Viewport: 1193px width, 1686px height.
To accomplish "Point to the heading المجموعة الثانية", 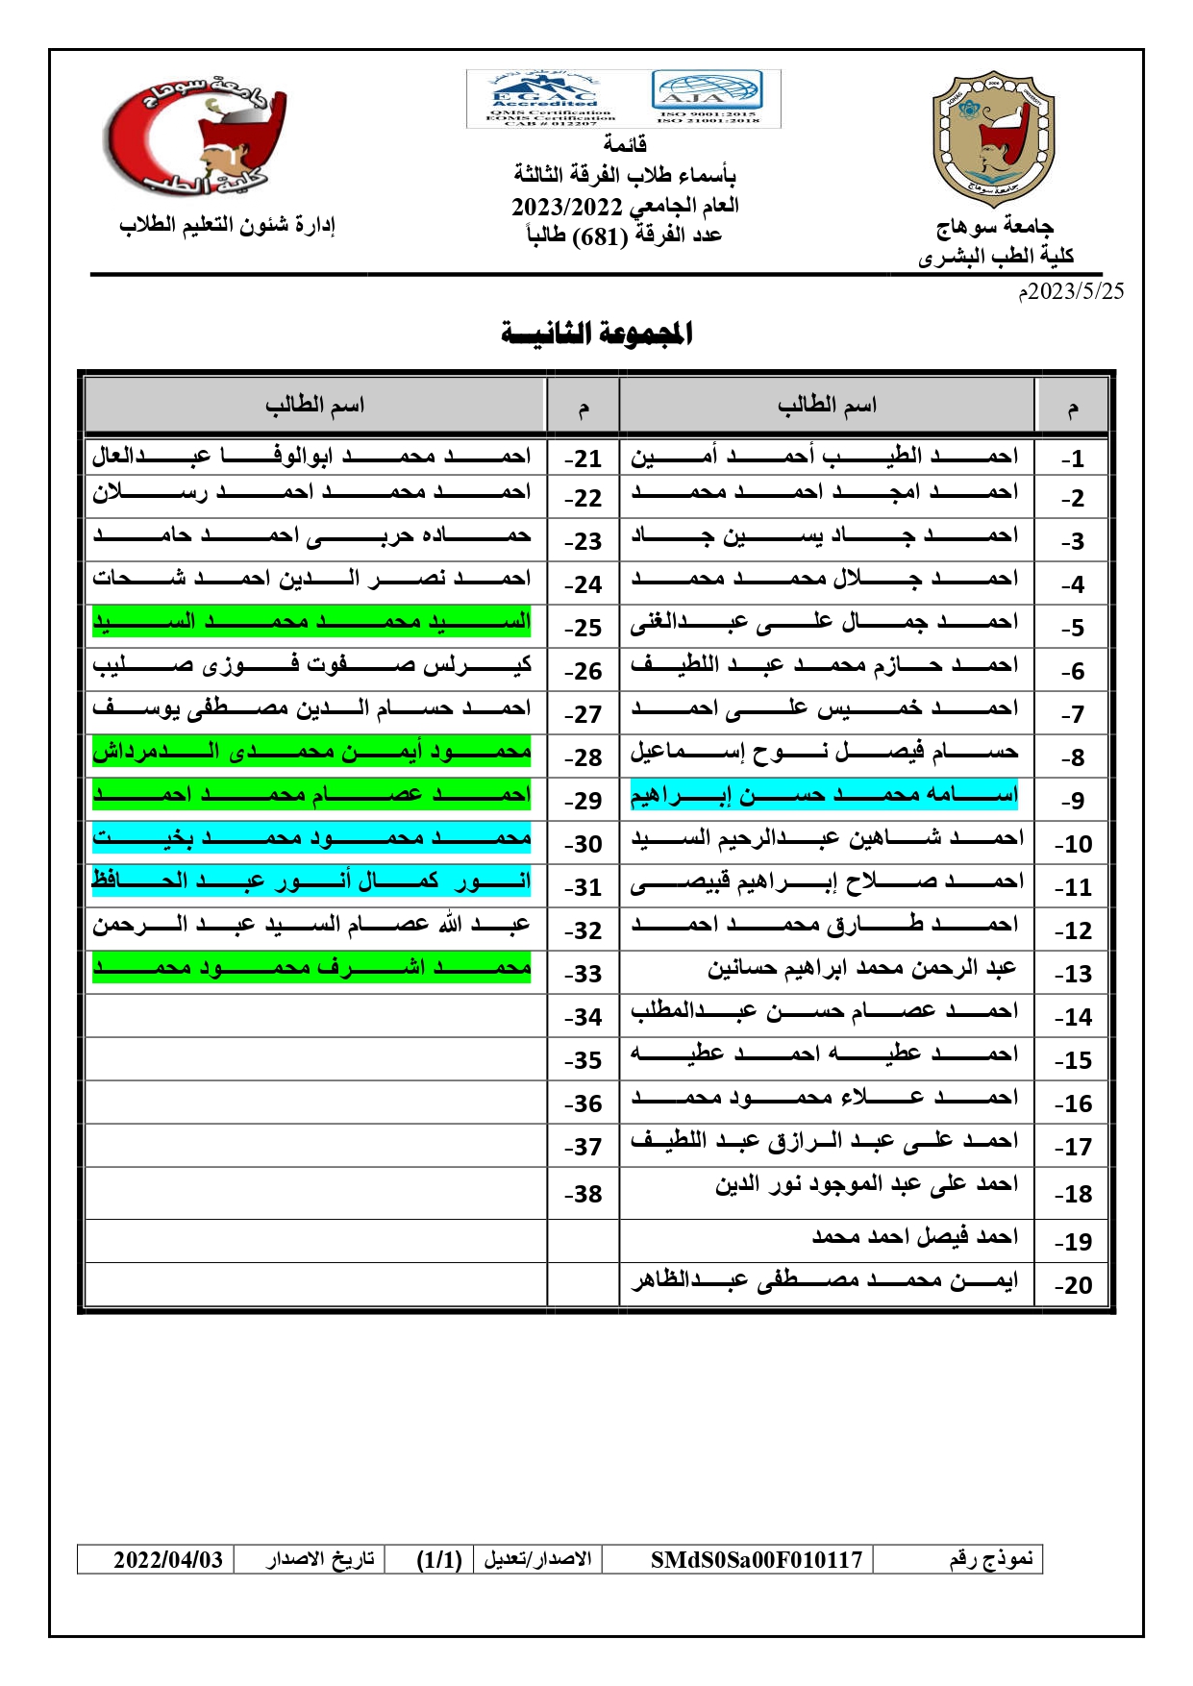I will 596,334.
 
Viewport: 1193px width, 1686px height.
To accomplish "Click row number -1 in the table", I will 1072,459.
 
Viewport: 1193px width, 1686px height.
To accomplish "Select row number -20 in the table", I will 1072,1285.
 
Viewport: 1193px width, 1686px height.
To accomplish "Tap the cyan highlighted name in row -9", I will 824,796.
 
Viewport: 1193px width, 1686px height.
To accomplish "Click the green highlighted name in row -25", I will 311,622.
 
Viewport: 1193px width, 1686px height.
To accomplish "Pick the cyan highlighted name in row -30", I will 311,838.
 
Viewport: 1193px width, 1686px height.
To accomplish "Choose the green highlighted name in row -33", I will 311,968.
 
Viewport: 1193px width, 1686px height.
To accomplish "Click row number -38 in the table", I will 583,1194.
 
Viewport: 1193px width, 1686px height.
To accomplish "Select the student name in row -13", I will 861,969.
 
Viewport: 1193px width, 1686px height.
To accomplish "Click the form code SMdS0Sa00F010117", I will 757,1559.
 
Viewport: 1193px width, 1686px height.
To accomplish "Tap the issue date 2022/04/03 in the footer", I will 168,1559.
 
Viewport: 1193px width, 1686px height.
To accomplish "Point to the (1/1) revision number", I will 439,1559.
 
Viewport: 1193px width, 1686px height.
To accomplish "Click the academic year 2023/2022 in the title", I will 567,207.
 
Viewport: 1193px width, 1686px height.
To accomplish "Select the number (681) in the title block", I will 599,236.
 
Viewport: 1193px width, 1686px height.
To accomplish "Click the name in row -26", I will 311,665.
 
